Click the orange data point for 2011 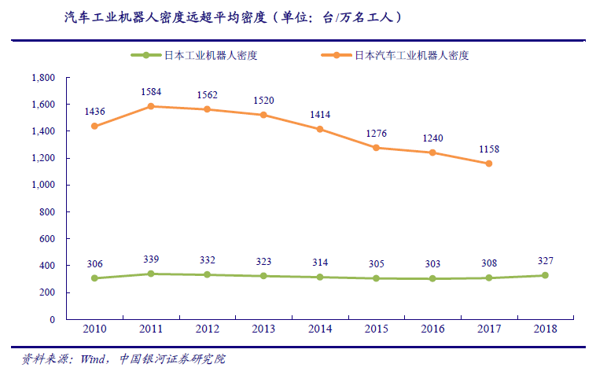coord(150,106)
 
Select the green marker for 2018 coord(545,275)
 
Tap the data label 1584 coord(150,91)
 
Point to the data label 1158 coord(488,149)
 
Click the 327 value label coord(545,260)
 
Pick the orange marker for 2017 coord(488,164)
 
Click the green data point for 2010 coord(94,278)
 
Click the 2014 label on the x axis coord(319,329)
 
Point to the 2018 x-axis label coord(545,329)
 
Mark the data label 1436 coord(94,111)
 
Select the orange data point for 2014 coord(319,129)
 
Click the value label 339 coord(150,259)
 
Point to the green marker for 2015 coord(376,278)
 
